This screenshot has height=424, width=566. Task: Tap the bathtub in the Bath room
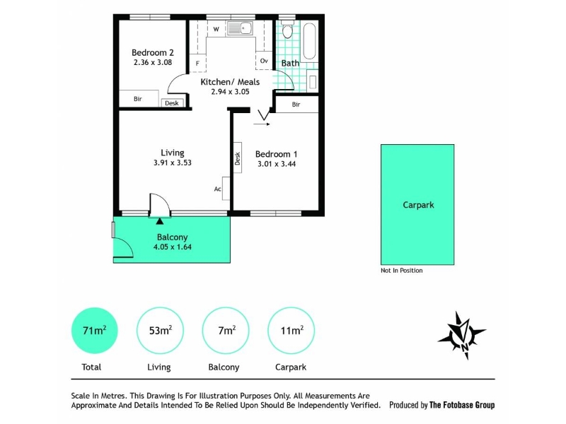(x=309, y=41)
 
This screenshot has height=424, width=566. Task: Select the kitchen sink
(x=240, y=28)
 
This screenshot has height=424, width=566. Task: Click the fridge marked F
(x=197, y=63)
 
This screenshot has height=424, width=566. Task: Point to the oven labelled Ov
(x=264, y=61)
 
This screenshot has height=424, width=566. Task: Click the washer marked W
(x=216, y=29)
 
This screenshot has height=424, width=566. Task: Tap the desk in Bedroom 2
(x=172, y=103)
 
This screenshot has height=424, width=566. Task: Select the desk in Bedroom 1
(x=238, y=158)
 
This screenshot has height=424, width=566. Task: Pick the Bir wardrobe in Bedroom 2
(x=139, y=98)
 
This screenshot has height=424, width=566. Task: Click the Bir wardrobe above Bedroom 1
(x=296, y=104)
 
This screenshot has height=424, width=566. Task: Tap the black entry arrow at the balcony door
(x=160, y=221)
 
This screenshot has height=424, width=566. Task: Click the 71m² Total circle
(x=94, y=330)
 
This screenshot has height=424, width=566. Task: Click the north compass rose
(x=462, y=335)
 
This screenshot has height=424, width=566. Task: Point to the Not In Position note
(x=401, y=271)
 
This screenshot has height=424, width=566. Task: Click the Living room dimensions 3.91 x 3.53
(x=173, y=163)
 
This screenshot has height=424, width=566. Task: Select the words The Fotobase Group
(x=462, y=405)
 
